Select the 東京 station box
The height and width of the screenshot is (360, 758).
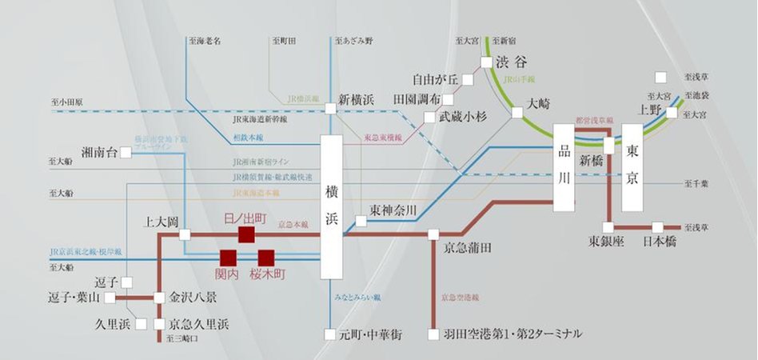(632, 167)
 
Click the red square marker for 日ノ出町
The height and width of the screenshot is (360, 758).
(246, 234)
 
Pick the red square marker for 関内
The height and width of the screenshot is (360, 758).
(229, 258)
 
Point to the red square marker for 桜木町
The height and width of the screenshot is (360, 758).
(266, 258)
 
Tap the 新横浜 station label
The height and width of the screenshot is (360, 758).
(357, 100)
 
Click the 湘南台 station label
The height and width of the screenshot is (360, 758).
(100, 152)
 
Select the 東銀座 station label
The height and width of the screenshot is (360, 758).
(606, 241)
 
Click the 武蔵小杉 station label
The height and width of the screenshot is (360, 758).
(464, 116)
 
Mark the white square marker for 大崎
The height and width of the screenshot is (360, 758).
(517, 112)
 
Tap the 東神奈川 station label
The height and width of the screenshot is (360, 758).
(393, 211)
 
